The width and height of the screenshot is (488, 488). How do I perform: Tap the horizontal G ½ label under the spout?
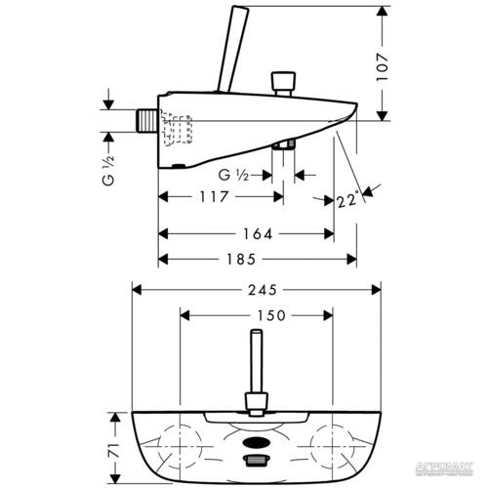pos(232,175)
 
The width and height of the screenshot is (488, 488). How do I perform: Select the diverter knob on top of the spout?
pos(284,79)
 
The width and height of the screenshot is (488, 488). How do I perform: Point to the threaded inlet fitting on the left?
pos(147,120)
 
